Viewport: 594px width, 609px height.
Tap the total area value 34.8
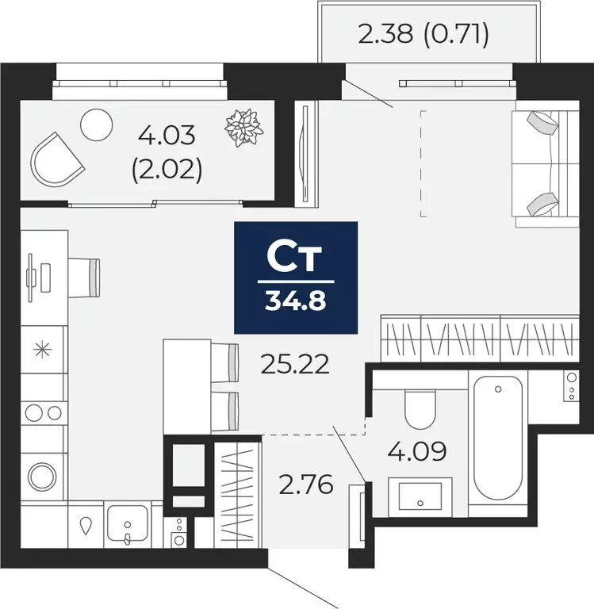(296, 302)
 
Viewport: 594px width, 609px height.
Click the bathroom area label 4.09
(417, 451)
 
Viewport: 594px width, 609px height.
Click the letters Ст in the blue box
(295, 257)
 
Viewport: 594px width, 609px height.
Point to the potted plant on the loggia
(243, 127)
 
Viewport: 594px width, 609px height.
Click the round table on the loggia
(98, 123)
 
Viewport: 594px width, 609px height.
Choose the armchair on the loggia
(56, 159)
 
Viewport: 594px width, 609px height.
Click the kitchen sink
(127, 524)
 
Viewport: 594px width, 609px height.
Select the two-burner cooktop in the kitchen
(43, 412)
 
